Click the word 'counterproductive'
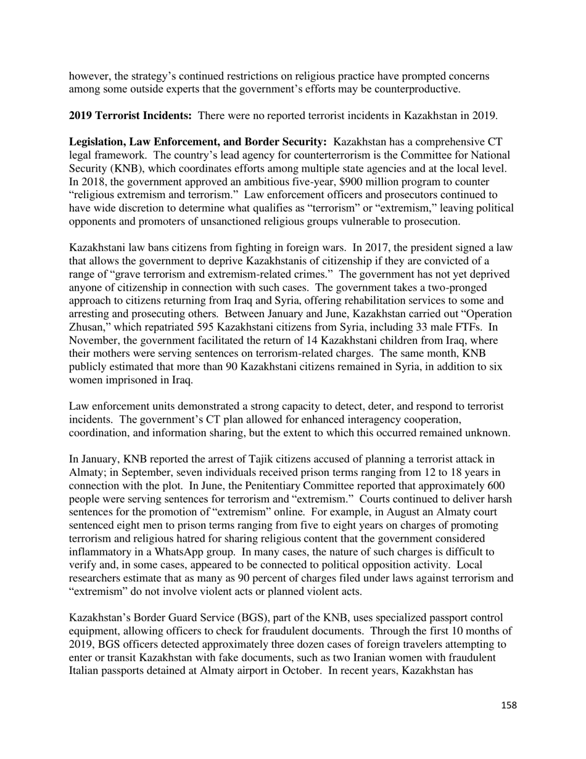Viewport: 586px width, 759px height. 417,89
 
